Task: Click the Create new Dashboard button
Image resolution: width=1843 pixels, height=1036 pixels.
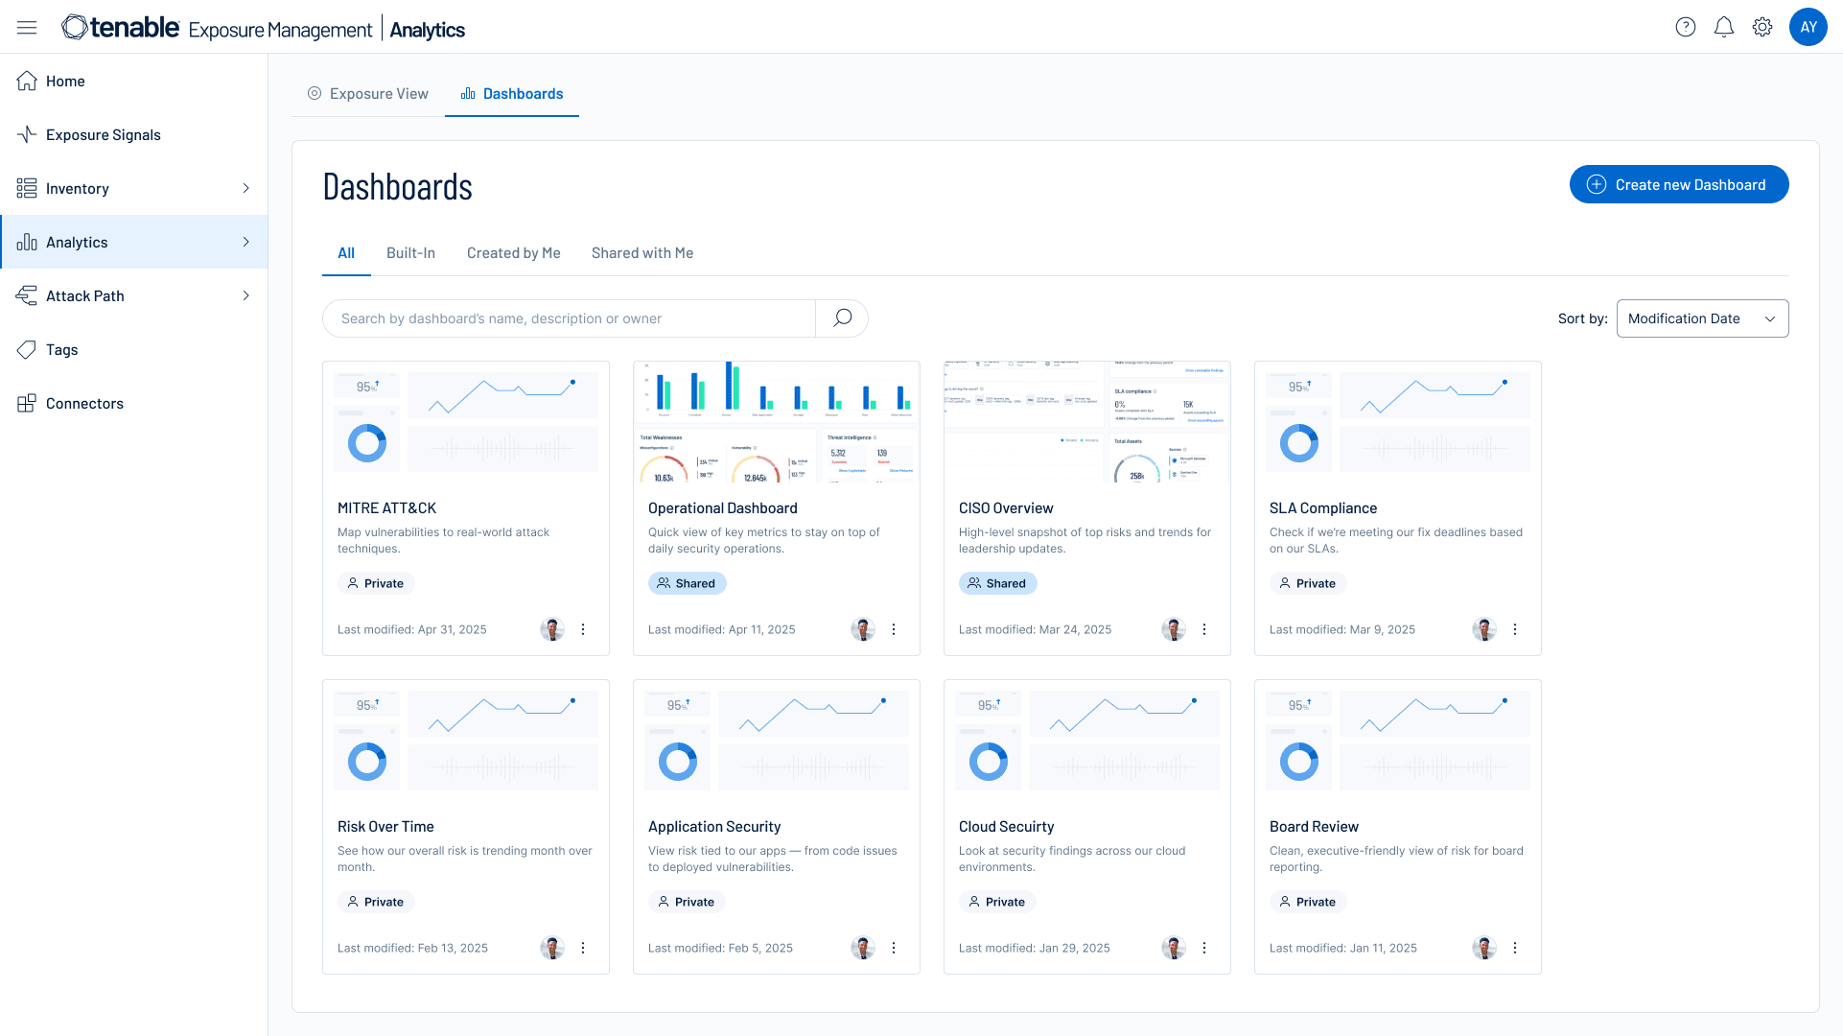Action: click(1678, 184)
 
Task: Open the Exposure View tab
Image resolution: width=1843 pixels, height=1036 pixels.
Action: click(368, 93)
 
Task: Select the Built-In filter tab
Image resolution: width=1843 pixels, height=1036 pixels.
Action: click(410, 253)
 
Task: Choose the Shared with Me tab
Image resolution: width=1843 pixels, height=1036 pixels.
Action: click(642, 253)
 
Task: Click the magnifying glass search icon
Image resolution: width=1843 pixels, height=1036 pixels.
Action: click(842, 318)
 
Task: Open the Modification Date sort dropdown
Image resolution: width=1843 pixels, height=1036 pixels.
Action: click(1702, 318)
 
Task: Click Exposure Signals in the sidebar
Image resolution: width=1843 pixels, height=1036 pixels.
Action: click(103, 135)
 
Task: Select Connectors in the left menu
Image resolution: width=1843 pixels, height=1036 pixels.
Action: click(84, 404)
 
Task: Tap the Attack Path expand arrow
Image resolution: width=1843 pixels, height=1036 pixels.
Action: click(245, 296)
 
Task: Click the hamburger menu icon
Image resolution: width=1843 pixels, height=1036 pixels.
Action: click(27, 28)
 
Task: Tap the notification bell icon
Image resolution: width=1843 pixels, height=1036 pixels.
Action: click(1723, 27)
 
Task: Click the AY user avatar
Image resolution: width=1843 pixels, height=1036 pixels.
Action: click(1808, 27)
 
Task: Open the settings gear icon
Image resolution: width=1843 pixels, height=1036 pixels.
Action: click(1762, 27)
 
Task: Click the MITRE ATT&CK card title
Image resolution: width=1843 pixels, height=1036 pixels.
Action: click(386, 508)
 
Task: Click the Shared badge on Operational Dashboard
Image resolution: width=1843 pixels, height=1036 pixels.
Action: click(687, 583)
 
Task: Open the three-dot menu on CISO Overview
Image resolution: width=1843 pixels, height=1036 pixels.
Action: click(1204, 629)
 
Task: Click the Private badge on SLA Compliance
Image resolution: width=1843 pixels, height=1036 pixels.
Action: click(1308, 583)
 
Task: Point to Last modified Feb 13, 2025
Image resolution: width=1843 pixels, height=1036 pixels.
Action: click(412, 948)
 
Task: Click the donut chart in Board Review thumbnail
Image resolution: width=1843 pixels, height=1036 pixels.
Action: click(1299, 763)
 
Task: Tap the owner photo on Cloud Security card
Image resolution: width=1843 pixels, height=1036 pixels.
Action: click(1173, 948)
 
